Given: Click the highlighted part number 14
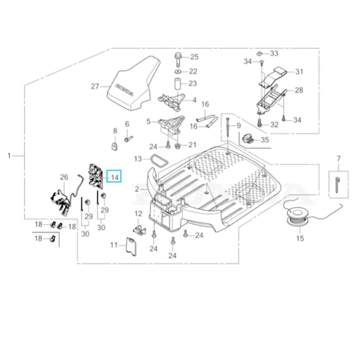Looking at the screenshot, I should click(x=115, y=177).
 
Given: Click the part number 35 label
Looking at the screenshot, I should click(x=265, y=140).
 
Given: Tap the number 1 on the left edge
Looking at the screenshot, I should click(x=9, y=156).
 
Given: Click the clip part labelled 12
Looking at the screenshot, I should click(x=139, y=228).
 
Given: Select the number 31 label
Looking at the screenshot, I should click(x=299, y=72).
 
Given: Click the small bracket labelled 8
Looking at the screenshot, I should click(x=115, y=146).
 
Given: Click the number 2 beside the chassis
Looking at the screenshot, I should click(x=137, y=189).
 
